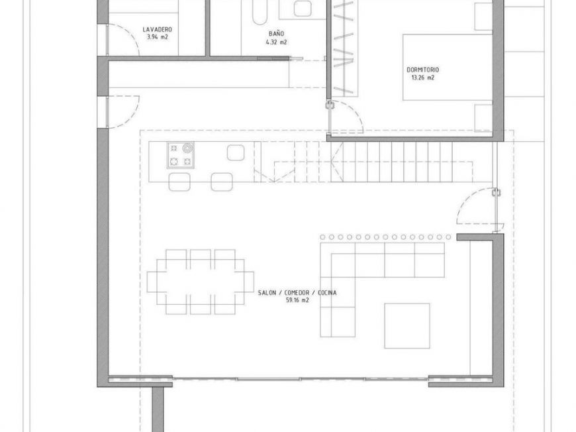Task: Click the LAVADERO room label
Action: point(157,29)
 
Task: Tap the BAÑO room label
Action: point(276,33)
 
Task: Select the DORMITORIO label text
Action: point(422,70)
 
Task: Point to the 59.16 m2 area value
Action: point(297,300)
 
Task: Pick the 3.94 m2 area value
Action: point(157,37)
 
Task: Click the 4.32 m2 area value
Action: point(276,42)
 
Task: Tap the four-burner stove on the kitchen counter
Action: point(181,155)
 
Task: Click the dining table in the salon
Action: point(201,282)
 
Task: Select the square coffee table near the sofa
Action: point(407,326)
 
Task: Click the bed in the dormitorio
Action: point(448,68)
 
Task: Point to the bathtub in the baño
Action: point(260,12)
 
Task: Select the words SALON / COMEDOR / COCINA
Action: point(297,293)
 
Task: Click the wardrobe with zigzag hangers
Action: point(344,48)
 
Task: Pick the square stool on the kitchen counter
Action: point(236,152)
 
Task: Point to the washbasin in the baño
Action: point(303,8)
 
